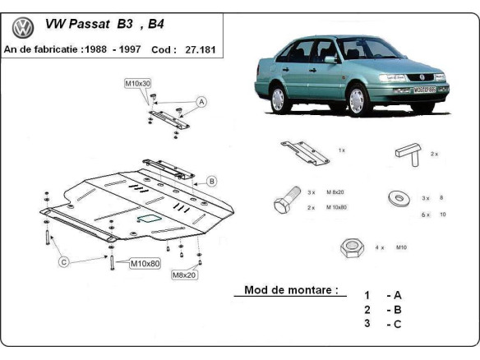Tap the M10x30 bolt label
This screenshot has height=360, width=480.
click(x=137, y=84)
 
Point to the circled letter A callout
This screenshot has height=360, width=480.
click(x=201, y=102)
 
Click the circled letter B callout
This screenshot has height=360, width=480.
click(x=211, y=181)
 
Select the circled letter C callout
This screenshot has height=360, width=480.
click(x=62, y=262)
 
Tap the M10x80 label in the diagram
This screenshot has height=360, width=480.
click(x=145, y=264)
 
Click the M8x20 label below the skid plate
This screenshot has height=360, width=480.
click(x=184, y=275)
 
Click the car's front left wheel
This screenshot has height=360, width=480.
click(x=358, y=100)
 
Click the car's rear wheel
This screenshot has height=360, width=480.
click(x=278, y=99)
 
